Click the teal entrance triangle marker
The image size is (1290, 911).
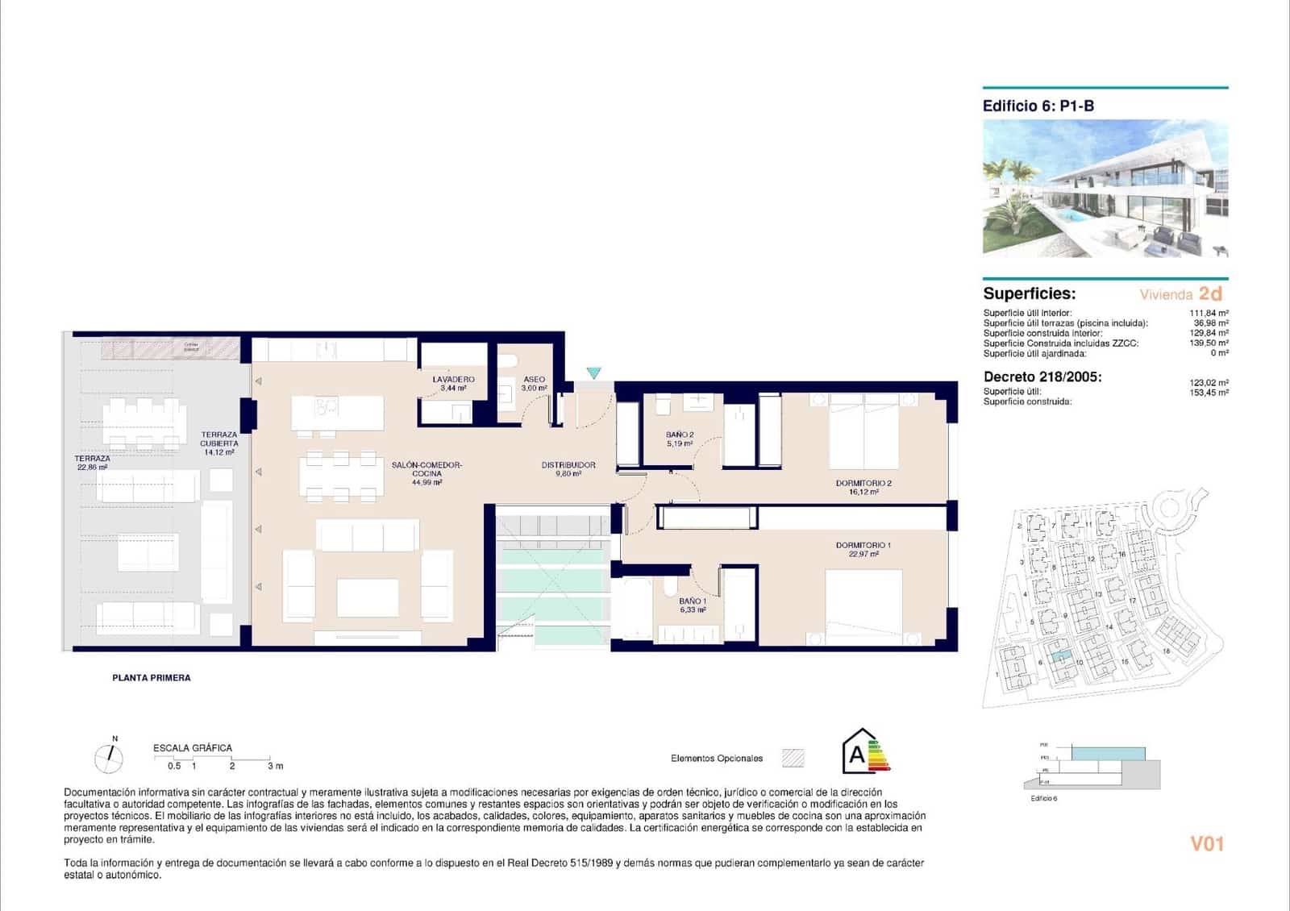coord(594,373)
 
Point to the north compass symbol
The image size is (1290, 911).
coord(110,757)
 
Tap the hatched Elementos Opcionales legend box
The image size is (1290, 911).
coord(793,758)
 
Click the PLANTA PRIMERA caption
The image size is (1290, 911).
coord(152,678)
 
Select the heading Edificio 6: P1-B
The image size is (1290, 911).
coord(1038,106)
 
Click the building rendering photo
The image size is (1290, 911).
coord(1105,189)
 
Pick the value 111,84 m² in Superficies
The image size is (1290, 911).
coord(1209,313)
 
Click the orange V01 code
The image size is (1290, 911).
coord(1207,843)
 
